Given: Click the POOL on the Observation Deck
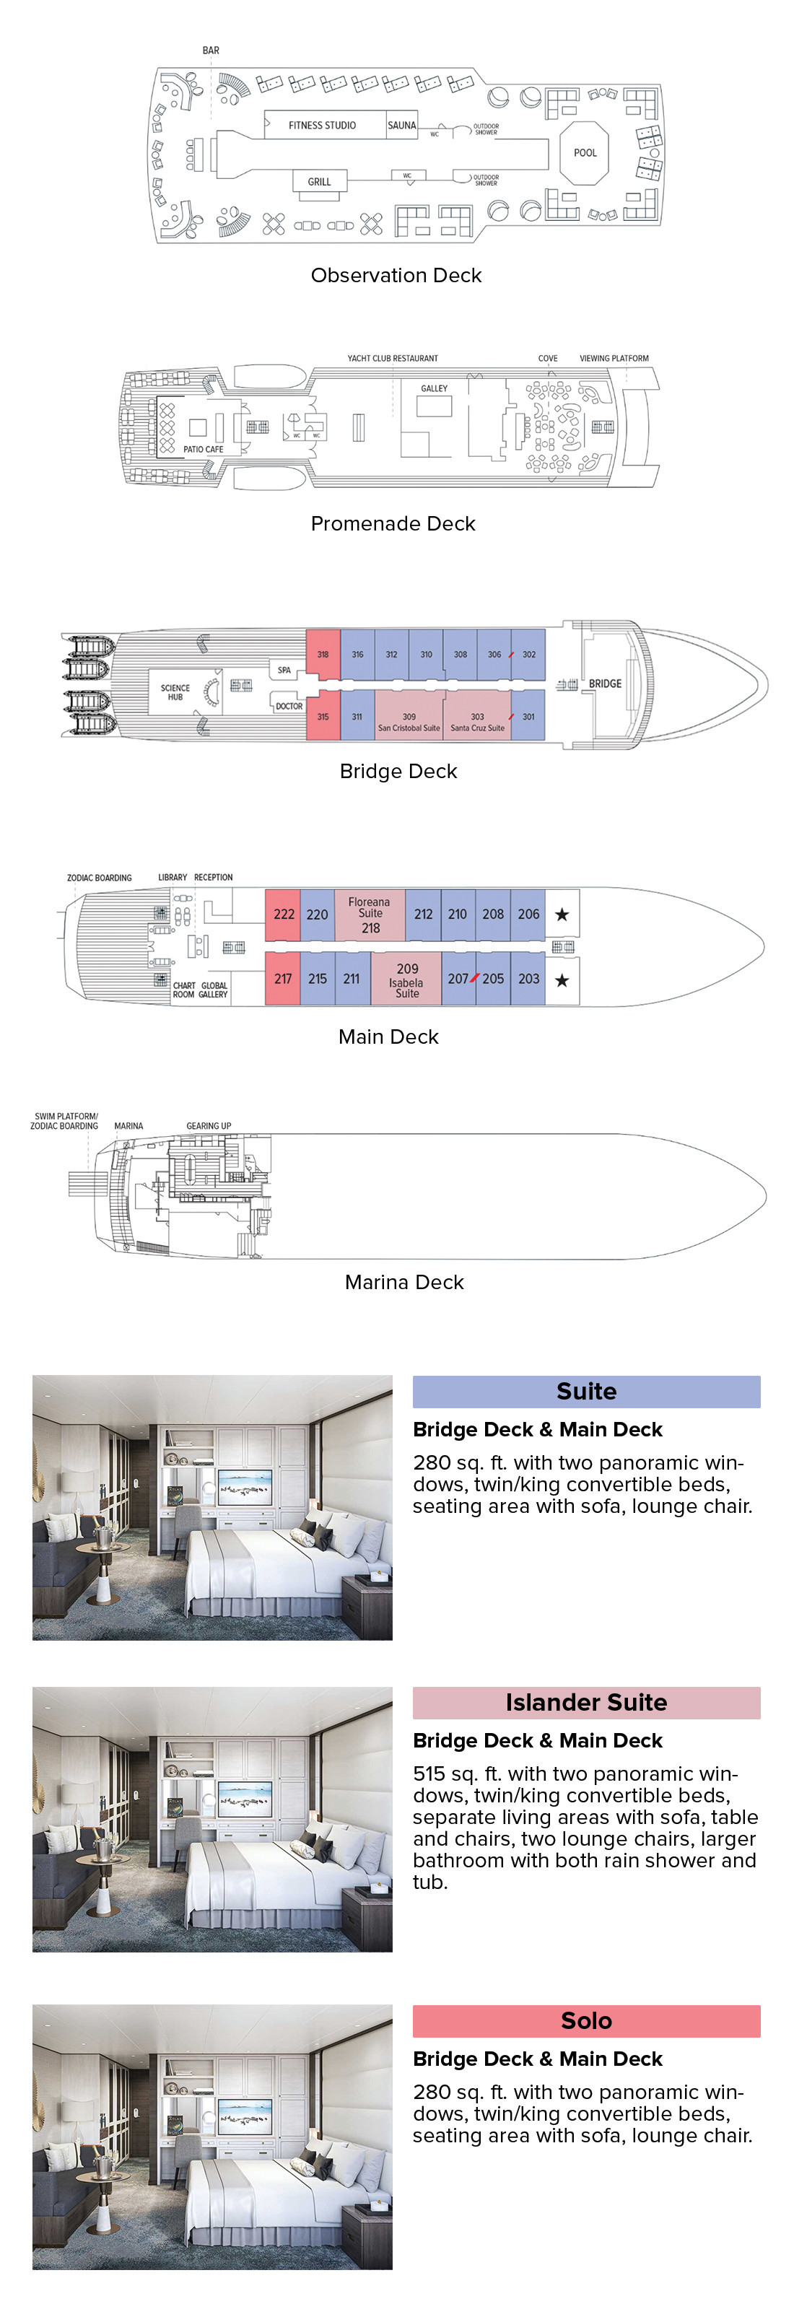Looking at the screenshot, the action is tap(585, 153).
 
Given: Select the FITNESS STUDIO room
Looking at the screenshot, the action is tap(322, 125).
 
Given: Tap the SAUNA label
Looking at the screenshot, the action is tap(401, 125).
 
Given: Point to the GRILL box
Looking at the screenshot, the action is tap(319, 180).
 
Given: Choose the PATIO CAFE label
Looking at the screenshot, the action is tap(204, 449).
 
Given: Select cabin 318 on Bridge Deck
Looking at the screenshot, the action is tap(323, 654).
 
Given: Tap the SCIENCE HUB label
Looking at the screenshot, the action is tap(175, 691).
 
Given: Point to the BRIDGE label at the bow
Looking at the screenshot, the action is tap(605, 684).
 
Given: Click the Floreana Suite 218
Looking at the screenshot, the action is tap(370, 915).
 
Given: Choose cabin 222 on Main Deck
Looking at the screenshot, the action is tap(283, 915).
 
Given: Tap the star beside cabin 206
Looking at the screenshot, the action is tap(562, 915).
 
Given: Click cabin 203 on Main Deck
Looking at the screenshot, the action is tap(529, 979).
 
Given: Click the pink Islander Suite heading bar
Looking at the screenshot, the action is tap(586, 1702).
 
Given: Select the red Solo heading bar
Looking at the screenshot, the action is tap(586, 2020).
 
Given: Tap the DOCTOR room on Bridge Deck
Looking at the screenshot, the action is tap(289, 706).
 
